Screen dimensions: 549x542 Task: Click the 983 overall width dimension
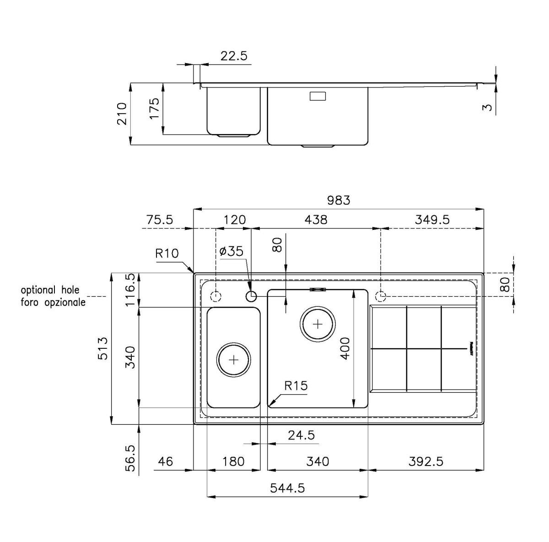click(339, 201)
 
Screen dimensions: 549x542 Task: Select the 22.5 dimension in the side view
click(234, 56)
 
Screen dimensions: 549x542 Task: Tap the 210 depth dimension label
click(122, 114)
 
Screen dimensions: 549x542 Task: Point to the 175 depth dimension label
click(154, 108)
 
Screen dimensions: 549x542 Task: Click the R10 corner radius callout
click(167, 253)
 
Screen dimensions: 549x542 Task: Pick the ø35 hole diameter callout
click(231, 251)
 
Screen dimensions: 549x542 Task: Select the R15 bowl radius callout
click(296, 386)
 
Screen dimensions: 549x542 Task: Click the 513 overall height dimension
click(103, 348)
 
